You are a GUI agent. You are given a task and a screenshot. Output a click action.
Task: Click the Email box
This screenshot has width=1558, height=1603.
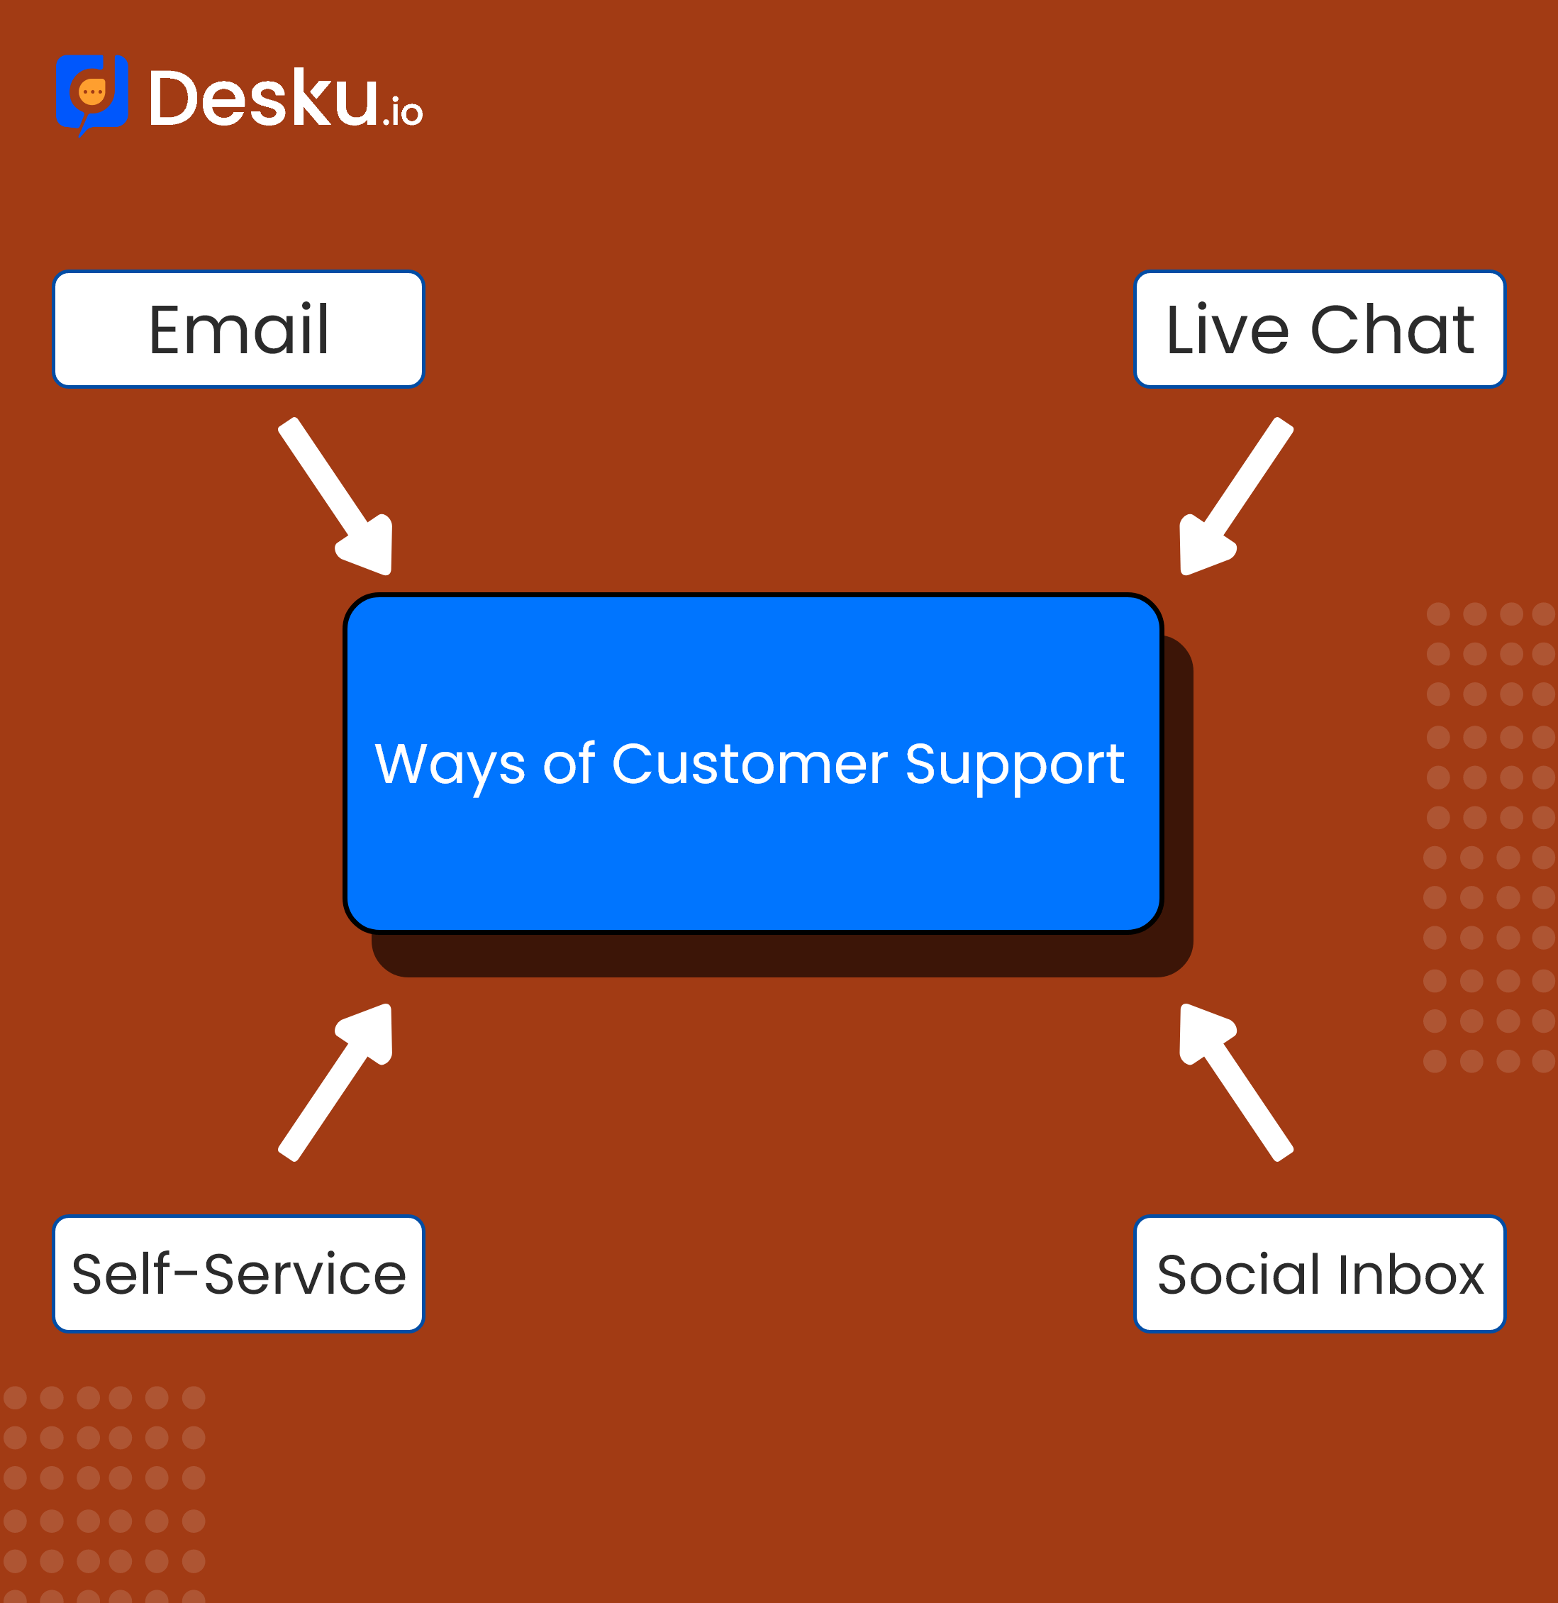(x=238, y=329)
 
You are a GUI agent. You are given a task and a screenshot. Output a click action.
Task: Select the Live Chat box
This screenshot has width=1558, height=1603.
(x=1319, y=329)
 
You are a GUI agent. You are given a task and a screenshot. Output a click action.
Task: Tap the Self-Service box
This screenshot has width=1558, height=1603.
(x=238, y=1274)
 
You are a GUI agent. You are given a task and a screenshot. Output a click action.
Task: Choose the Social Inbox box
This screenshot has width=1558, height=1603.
(x=1319, y=1274)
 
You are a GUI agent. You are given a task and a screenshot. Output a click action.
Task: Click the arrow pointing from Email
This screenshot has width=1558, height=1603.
(x=335, y=496)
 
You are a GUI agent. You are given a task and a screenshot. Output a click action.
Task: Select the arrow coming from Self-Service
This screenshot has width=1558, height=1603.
(x=335, y=1082)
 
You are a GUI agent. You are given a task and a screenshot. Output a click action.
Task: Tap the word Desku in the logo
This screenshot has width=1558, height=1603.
(x=264, y=97)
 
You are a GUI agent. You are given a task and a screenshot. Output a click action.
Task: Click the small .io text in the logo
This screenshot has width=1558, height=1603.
(x=403, y=111)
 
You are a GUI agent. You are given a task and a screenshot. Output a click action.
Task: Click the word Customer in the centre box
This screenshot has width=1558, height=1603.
(x=750, y=765)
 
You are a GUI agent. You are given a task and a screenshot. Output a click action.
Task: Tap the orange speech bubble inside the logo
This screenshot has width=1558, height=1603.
(x=92, y=92)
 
